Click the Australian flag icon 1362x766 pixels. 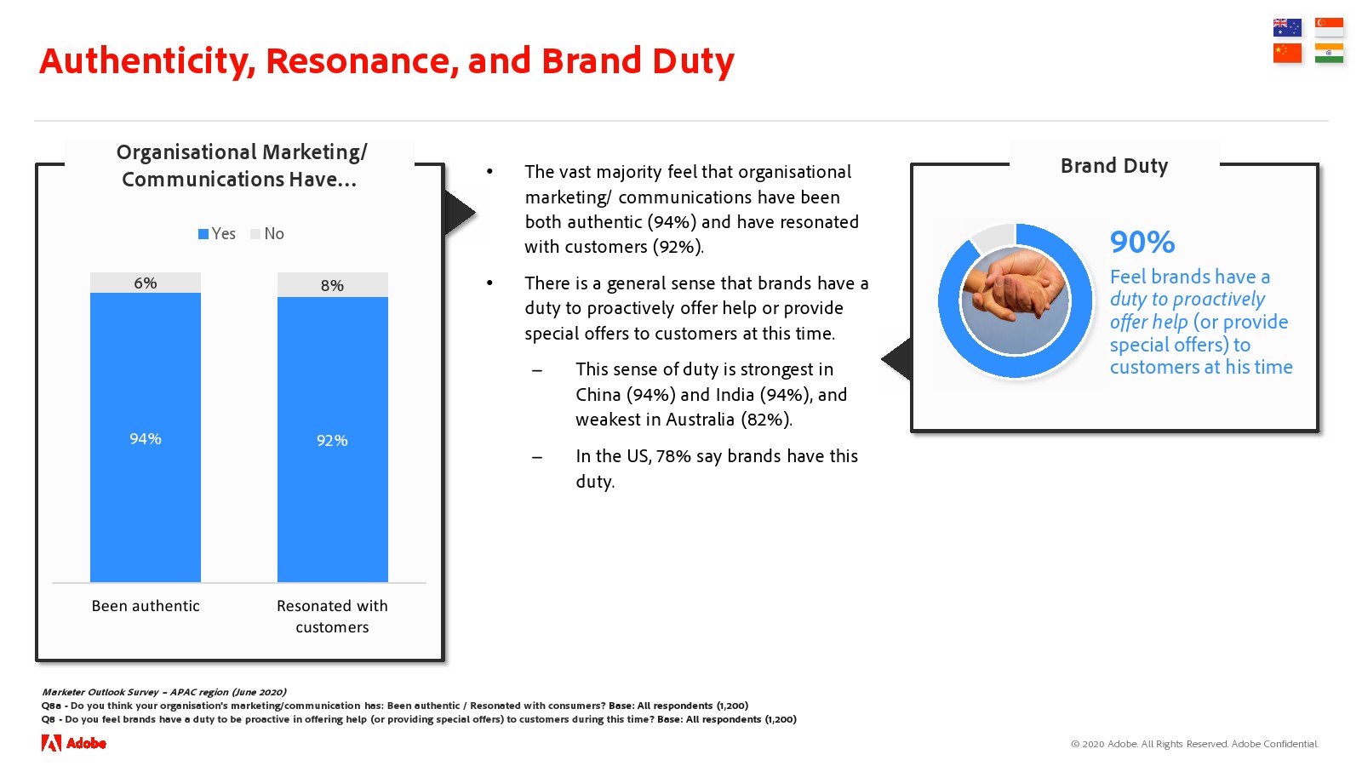1286,27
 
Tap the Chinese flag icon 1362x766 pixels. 1286,53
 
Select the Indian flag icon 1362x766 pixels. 1329,53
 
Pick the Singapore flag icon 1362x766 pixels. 1329,27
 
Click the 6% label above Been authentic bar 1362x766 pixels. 146,283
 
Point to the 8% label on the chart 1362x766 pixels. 332,285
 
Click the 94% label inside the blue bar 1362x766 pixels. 146,438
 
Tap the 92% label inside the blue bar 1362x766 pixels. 332,440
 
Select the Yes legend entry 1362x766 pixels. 216,233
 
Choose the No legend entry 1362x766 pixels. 267,233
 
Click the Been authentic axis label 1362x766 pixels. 146,605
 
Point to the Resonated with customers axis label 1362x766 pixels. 332,616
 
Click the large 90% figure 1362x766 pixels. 1142,242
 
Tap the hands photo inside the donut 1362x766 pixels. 1014,300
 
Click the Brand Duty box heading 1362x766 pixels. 1114,165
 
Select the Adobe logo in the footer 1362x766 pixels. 73,743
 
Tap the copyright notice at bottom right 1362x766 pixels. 1194,744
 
